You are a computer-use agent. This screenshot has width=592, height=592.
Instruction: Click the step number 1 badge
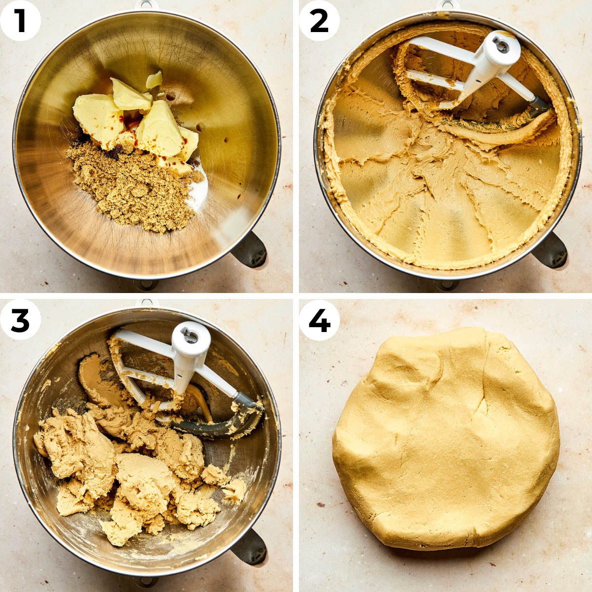point(20,21)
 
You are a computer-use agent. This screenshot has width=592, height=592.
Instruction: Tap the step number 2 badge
point(319,21)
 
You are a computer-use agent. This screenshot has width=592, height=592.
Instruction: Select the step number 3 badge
point(20,320)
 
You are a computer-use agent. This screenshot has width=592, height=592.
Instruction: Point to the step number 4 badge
point(319,320)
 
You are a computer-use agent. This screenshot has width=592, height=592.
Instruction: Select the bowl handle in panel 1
point(250,250)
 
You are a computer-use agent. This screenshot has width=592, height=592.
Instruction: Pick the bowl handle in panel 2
point(550,250)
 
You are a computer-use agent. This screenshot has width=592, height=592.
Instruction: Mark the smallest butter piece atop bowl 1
point(154,79)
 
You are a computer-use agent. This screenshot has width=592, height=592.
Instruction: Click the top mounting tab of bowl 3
point(147,302)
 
